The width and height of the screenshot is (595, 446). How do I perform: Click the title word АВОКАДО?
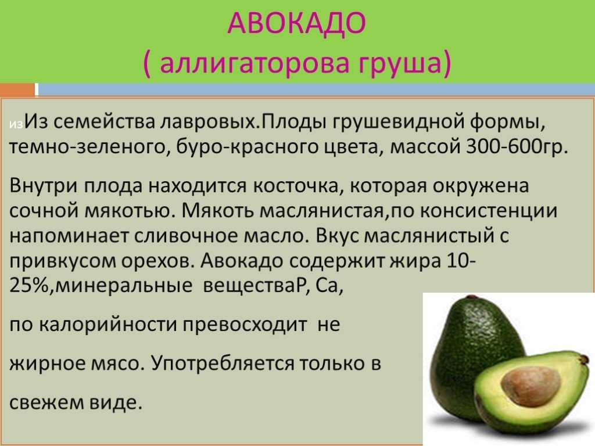click(297, 23)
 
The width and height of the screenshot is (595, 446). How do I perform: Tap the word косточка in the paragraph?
click(295, 186)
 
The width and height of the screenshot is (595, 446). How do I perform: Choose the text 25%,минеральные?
click(101, 286)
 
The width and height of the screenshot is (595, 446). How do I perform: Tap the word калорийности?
click(107, 325)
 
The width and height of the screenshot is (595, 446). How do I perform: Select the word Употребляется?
click(222, 364)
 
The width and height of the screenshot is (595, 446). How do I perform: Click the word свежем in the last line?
click(46, 402)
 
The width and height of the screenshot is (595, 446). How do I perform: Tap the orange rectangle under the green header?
click(17, 90)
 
